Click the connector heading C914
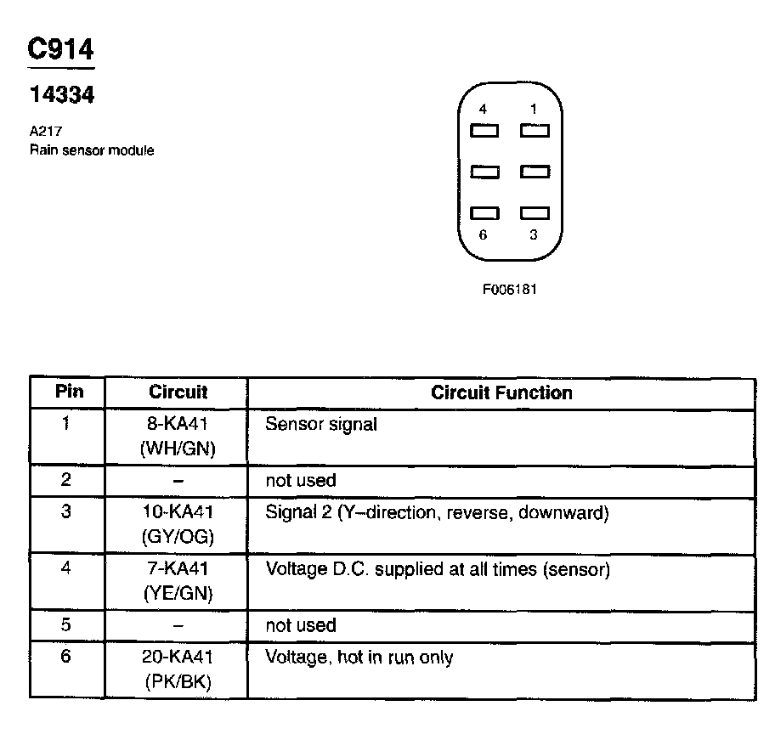60,48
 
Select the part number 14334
61,95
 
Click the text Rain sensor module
92,150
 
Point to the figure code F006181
510,289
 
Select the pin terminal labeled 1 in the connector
535,132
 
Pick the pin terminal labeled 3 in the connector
535,213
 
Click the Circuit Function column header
501,392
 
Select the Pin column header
67,392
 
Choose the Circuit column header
178,392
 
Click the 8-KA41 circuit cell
178,423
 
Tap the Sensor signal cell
320,424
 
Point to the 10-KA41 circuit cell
178,512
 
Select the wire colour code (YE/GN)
178,593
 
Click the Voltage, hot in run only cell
359,657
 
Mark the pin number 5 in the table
67,625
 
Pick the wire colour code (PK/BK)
178,682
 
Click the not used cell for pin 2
301,480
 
